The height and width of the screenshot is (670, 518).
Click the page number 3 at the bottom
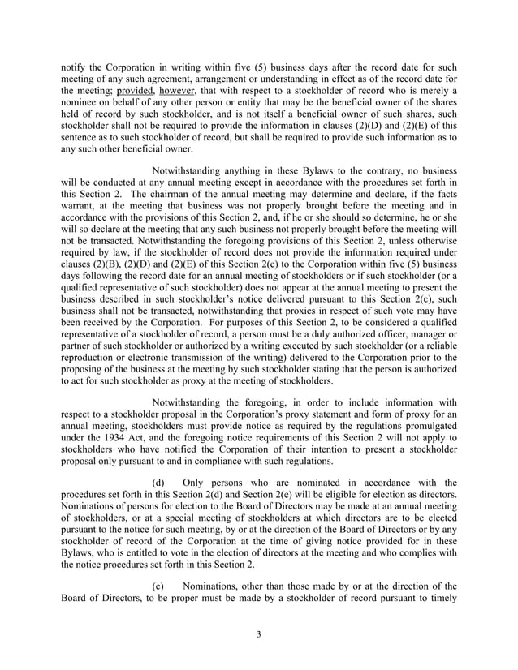click(258, 634)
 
